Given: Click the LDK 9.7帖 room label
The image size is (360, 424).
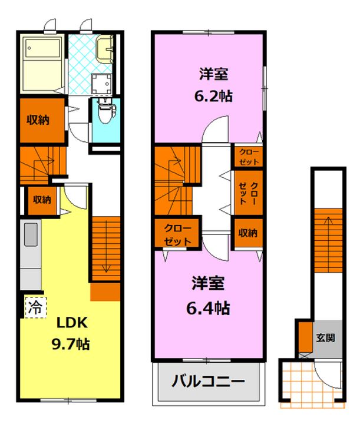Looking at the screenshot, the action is pos(70,333).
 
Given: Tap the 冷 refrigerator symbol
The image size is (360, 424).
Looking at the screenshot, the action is pos(35,307).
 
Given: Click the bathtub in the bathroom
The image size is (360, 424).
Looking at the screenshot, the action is pos(43,63).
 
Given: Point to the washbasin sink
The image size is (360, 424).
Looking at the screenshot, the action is pos(104,48).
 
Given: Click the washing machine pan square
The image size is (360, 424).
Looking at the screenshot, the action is pos(101,83).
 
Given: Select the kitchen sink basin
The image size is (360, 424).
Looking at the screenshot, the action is pos(31,234).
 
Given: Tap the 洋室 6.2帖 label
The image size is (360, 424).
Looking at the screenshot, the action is pos(213,85).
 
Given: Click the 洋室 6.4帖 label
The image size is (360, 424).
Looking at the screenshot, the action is pos(208,296).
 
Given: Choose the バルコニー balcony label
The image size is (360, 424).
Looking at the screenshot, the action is pos(208,382).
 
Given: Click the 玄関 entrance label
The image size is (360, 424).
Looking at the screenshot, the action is pos(326,338).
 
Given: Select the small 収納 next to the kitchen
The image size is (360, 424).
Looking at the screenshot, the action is pos(42,200).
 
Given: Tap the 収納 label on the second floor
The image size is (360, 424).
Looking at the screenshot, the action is pos(247,233).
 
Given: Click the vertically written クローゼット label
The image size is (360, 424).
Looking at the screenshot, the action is pos(248,193).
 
